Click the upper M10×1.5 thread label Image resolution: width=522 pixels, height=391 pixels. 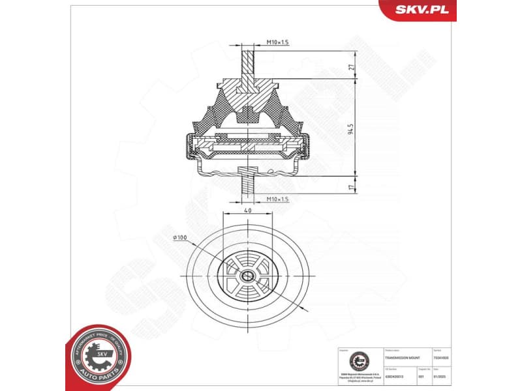click(277, 42)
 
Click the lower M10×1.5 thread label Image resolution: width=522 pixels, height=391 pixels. click(277, 199)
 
